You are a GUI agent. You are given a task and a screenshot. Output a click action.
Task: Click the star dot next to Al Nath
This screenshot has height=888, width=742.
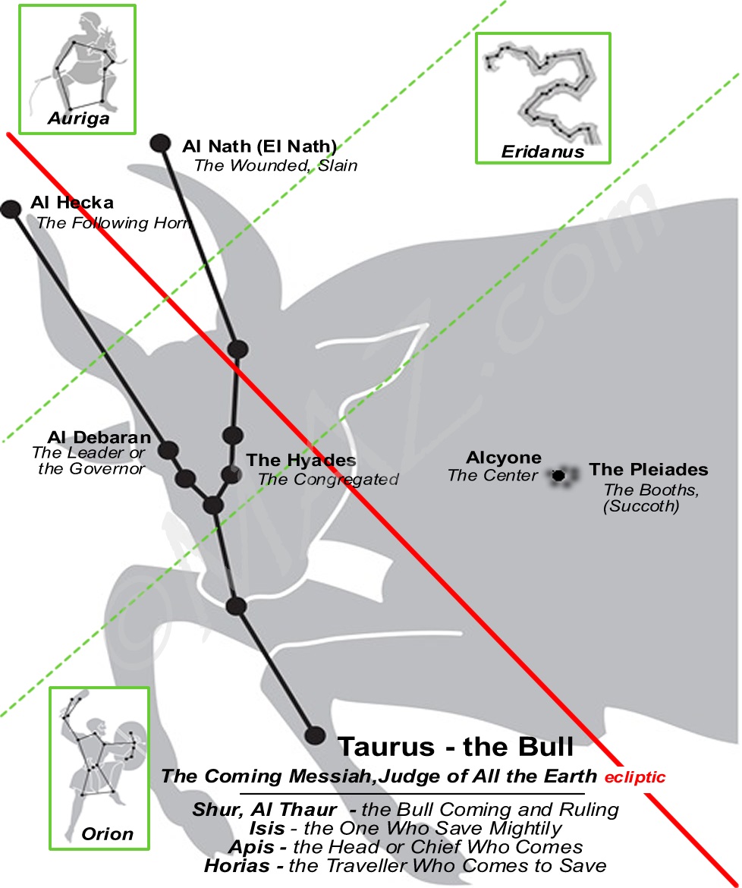coord(160,143)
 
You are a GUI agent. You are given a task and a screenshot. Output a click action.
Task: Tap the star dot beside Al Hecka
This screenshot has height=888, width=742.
coord(11,209)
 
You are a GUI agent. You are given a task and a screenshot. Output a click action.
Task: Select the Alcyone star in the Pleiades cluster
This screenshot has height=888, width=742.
coord(559,476)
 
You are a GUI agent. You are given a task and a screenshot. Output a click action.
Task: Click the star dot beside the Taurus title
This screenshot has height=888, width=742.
coord(315,735)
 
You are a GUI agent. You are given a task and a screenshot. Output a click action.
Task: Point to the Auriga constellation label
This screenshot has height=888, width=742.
coord(78,118)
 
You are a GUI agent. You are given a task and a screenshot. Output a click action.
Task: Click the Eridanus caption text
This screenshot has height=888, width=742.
coord(542,152)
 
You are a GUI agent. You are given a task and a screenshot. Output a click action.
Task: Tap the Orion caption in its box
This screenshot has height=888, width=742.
coord(107,834)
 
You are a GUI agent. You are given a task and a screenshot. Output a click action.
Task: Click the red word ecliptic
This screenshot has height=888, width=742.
coord(635,777)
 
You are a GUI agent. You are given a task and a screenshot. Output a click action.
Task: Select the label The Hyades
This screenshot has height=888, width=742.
coord(300,461)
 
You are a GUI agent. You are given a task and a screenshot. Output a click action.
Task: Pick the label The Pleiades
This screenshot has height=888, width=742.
coord(648,470)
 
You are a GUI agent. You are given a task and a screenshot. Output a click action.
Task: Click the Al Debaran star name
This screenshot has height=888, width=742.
coord(99,438)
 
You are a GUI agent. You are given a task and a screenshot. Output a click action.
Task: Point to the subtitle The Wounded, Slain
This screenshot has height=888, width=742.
coord(275,165)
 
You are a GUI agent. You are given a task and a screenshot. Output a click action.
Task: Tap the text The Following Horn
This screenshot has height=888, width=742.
coord(113,223)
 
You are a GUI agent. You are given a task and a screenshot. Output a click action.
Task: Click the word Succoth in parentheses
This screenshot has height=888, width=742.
coord(641,506)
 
